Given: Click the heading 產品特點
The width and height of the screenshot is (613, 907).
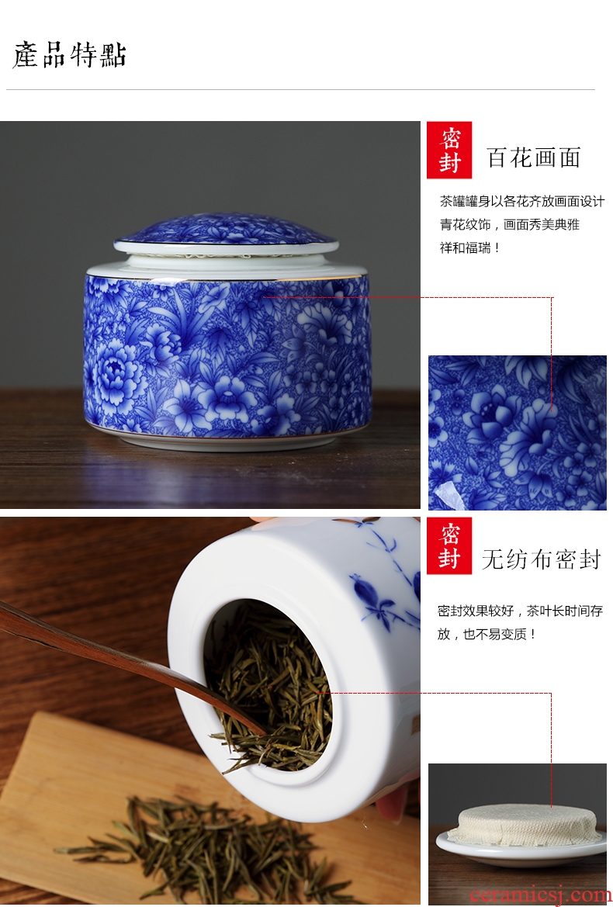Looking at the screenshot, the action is pyautogui.click(x=69, y=56).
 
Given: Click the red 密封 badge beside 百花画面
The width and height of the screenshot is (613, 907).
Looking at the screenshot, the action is pyautogui.click(x=449, y=150).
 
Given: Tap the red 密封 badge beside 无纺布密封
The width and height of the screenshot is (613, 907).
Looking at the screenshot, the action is pyautogui.click(x=449, y=545).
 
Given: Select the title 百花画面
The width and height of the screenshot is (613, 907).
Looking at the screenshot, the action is pyautogui.click(x=534, y=158).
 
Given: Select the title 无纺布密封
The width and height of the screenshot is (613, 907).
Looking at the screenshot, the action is pyautogui.click(x=542, y=559).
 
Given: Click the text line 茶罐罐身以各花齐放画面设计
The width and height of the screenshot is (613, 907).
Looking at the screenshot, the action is pyautogui.click(x=521, y=201).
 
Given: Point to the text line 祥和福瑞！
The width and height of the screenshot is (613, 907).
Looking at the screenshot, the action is pyautogui.click(x=469, y=248).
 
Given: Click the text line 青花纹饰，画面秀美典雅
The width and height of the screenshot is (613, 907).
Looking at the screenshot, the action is pyautogui.click(x=509, y=224).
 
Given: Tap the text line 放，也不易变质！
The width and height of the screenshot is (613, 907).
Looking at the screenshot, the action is pyautogui.click(x=487, y=634).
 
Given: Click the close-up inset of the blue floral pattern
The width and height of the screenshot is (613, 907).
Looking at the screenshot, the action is pyautogui.click(x=517, y=433).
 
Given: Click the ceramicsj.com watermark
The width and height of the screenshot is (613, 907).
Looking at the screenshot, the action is pyautogui.click(x=540, y=895).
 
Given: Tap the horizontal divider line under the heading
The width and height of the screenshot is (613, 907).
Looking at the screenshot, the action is pyautogui.click(x=300, y=90).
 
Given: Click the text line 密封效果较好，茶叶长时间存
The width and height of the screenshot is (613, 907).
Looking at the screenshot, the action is pyautogui.click(x=520, y=611).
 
